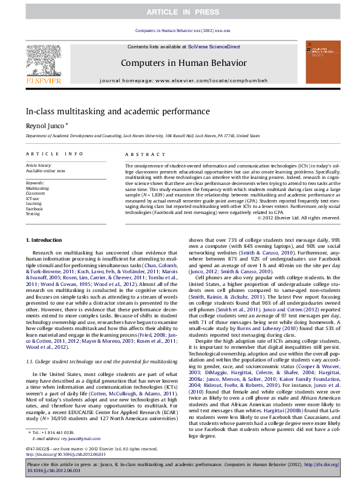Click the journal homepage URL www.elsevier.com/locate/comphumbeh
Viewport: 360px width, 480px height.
209,80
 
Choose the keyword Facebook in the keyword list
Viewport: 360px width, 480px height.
34,207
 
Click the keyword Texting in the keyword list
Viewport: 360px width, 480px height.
33,213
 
